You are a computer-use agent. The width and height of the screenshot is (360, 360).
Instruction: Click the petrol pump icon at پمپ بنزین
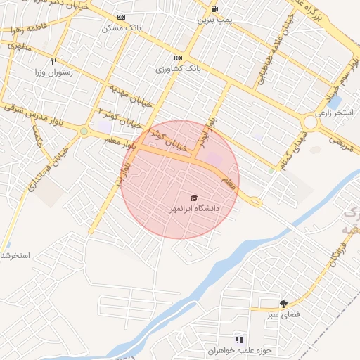point(214,9)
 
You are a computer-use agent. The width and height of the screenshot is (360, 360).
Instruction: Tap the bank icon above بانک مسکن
point(122,17)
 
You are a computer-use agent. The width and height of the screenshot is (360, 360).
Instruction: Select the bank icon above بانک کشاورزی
point(178,58)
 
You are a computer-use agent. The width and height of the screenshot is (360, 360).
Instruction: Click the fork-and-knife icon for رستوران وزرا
point(53,61)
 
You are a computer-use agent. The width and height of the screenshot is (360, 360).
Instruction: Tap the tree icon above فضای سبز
point(283,304)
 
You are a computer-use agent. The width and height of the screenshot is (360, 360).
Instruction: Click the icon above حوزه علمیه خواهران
point(238,340)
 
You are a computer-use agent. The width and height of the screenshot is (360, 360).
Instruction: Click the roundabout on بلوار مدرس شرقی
point(84,131)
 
